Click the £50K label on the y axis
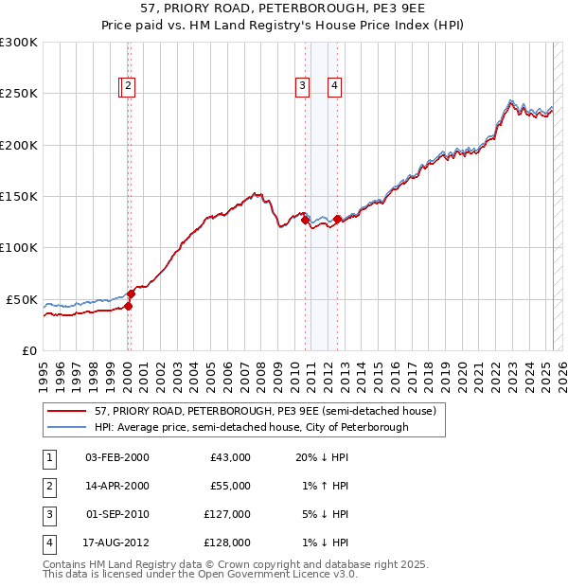click(x=23, y=299)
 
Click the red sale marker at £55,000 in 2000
click(x=132, y=294)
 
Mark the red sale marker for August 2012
click(x=337, y=220)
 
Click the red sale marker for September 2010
click(x=306, y=221)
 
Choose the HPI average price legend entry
click(x=251, y=427)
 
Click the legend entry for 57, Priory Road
click(x=265, y=411)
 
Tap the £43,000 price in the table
click(x=228, y=457)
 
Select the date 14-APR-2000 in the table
click(x=116, y=486)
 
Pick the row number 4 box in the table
click(x=48, y=543)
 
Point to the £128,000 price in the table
click(x=227, y=543)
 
